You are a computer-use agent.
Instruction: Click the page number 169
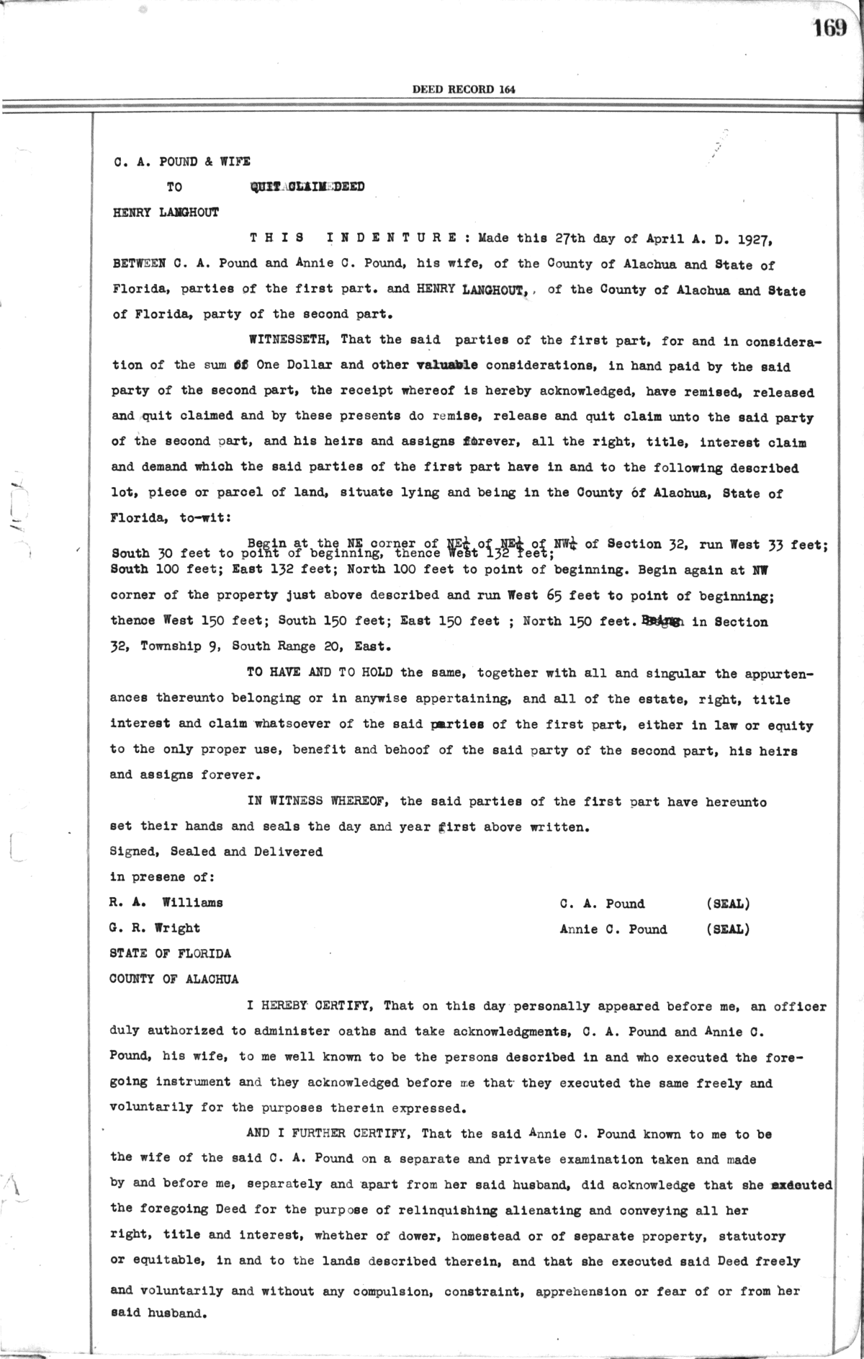pyautogui.click(x=829, y=29)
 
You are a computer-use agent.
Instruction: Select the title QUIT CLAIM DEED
pyautogui.click(x=307, y=187)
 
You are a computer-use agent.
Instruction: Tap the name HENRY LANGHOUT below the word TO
pyautogui.click(x=166, y=213)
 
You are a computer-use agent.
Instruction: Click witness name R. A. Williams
pyautogui.click(x=166, y=903)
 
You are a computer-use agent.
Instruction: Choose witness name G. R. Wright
pyautogui.click(x=154, y=928)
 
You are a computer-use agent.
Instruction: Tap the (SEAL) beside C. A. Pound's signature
pyautogui.click(x=728, y=904)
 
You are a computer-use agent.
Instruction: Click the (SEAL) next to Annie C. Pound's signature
pyautogui.click(x=728, y=930)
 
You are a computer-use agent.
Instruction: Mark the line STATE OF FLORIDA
pyautogui.click(x=170, y=953)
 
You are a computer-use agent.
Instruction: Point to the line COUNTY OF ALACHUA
pyautogui.click(x=174, y=979)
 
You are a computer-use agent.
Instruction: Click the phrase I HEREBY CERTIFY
pyautogui.click(x=308, y=1006)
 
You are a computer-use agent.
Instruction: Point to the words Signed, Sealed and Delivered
pyautogui.click(x=215, y=852)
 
